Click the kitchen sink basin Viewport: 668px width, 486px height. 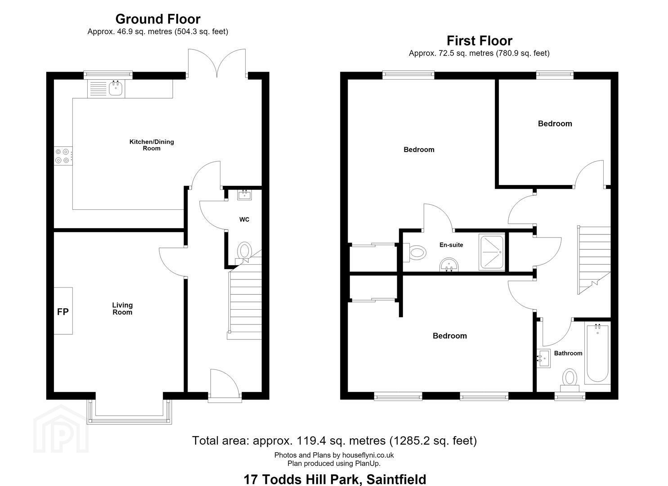[116, 88]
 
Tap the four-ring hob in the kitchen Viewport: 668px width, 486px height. [63, 156]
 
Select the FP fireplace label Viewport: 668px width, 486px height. [63, 312]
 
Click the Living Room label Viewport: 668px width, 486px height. [122, 309]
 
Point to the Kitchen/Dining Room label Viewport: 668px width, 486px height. [152, 145]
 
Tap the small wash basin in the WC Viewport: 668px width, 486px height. [245, 195]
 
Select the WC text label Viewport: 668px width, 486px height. [244, 220]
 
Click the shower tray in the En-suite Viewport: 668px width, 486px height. [492, 252]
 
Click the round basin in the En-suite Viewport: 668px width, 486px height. [449, 265]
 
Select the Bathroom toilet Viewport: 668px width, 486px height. [569, 381]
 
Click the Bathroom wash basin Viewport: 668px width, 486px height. [544, 358]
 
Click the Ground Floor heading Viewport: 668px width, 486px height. [158, 19]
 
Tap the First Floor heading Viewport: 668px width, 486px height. [480, 40]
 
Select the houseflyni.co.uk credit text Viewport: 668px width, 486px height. [334, 455]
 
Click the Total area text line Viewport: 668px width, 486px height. [334, 441]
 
